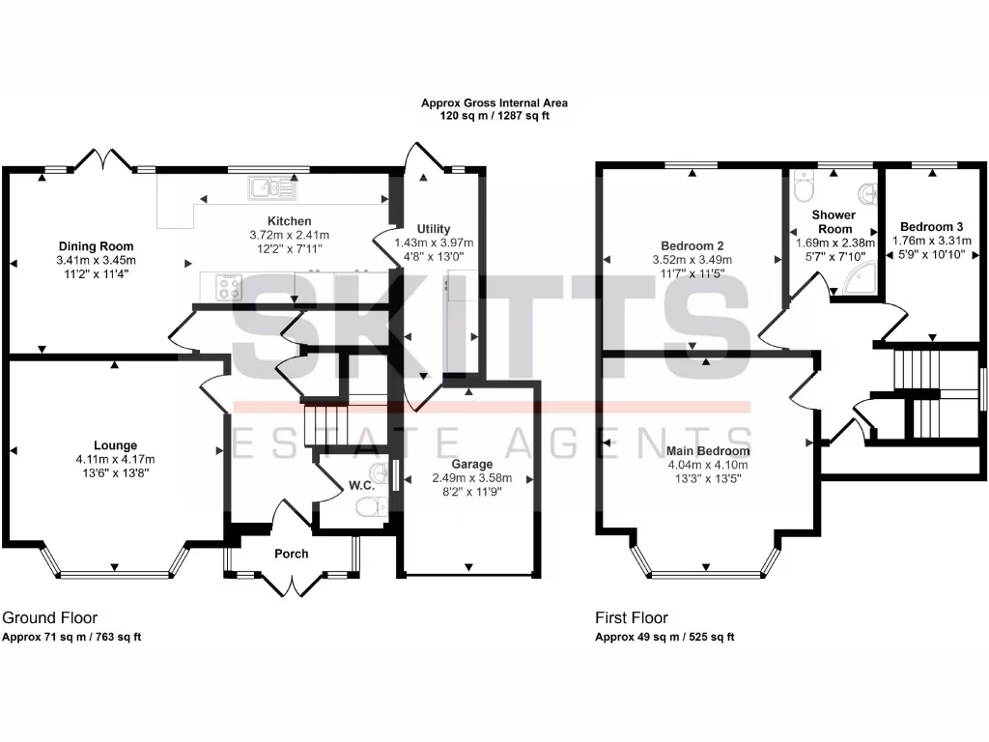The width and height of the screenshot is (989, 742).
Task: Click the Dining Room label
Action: click(96, 246)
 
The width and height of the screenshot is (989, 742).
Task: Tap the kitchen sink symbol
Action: click(264, 186)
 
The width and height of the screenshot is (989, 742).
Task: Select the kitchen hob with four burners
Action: click(229, 287)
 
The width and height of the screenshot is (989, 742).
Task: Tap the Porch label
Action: click(291, 554)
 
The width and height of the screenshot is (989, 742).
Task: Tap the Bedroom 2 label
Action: click(692, 244)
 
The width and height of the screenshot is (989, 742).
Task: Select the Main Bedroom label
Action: click(708, 451)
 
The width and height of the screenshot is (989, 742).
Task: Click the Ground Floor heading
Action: click(50, 617)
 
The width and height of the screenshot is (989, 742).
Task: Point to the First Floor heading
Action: click(631, 617)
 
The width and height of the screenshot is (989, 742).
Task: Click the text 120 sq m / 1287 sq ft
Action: click(494, 116)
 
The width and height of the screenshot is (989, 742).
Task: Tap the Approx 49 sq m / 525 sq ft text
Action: click(664, 637)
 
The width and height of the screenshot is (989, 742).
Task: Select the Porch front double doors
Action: click(291, 583)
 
